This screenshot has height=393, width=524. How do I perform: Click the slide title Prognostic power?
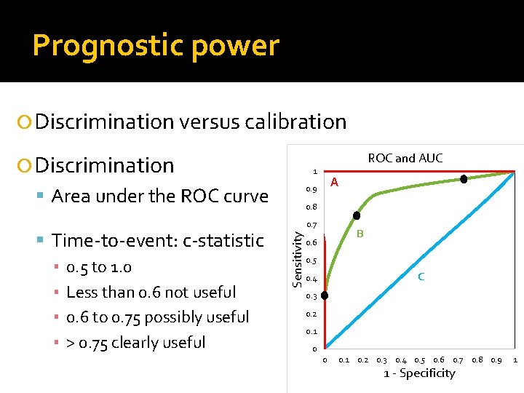coord(156,45)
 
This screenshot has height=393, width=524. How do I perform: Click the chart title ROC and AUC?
coord(405,158)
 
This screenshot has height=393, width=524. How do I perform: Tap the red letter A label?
coord(334,182)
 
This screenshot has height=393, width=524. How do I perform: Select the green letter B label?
coord(360,234)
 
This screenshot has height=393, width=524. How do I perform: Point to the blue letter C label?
coord(421,277)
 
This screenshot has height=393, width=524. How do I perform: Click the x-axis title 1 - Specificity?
coord(419,373)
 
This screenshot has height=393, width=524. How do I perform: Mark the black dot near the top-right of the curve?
coord(464,179)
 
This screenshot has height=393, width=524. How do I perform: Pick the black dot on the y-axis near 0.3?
coord(325,296)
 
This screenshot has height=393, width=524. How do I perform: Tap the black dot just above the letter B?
coord(357,215)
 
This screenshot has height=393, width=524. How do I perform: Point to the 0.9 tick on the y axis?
coord(311,190)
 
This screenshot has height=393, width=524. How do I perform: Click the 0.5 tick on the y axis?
coord(311,261)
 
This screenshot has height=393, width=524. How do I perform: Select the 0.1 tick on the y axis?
coord(311,331)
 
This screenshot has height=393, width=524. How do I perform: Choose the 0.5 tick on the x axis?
coord(420,360)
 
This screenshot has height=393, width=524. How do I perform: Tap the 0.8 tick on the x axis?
coord(477,360)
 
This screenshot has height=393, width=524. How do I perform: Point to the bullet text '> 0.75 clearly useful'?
coord(136,342)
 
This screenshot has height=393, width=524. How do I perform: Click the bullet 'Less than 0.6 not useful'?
coord(151,292)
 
